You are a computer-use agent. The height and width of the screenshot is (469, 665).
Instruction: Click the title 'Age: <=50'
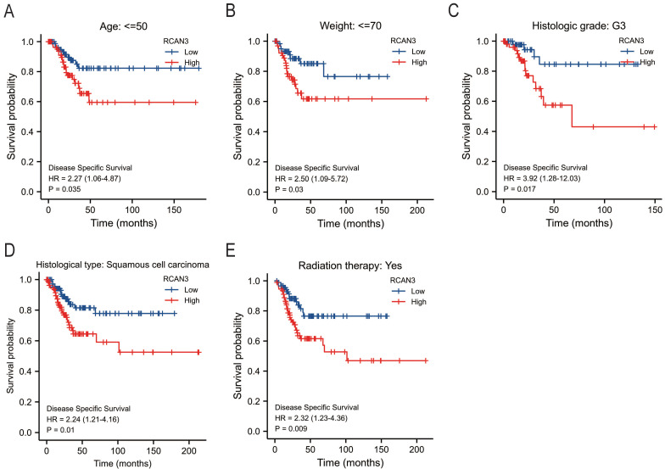[x=120, y=12]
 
